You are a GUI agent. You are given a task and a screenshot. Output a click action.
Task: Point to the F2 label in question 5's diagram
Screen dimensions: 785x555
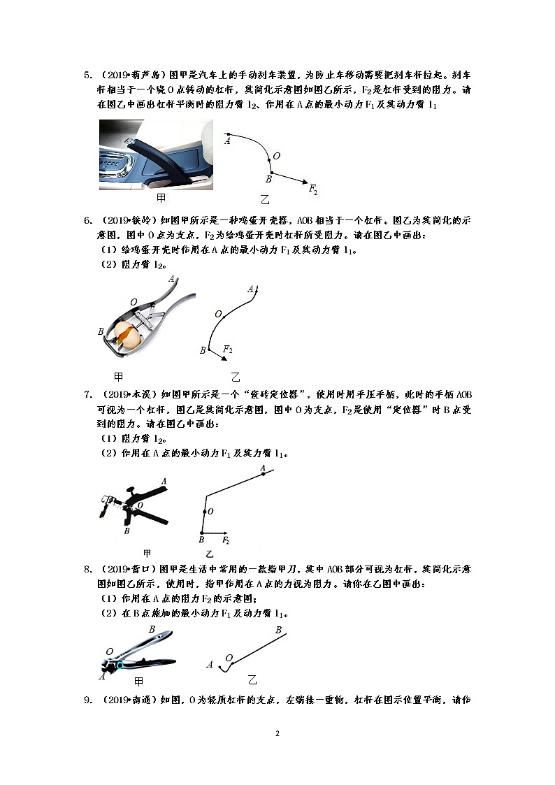point(313,190)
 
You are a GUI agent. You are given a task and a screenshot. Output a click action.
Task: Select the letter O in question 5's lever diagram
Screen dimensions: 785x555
point(277,156)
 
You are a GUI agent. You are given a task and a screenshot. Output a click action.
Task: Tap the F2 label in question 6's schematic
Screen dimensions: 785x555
point(227,348)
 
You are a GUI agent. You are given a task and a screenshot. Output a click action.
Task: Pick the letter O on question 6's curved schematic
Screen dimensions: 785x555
point(219,314)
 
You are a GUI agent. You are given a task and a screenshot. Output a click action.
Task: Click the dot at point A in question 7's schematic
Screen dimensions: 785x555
point(263,475)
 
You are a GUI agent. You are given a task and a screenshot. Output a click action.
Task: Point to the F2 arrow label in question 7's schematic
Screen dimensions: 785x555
point(226,540)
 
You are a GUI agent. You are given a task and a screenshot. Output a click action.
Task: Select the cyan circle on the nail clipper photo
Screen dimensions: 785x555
point(120,665)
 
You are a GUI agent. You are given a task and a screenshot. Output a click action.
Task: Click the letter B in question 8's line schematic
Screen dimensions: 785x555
point(277,631)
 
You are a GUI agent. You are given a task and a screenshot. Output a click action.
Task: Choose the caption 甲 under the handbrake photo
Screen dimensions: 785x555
point(161,198)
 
